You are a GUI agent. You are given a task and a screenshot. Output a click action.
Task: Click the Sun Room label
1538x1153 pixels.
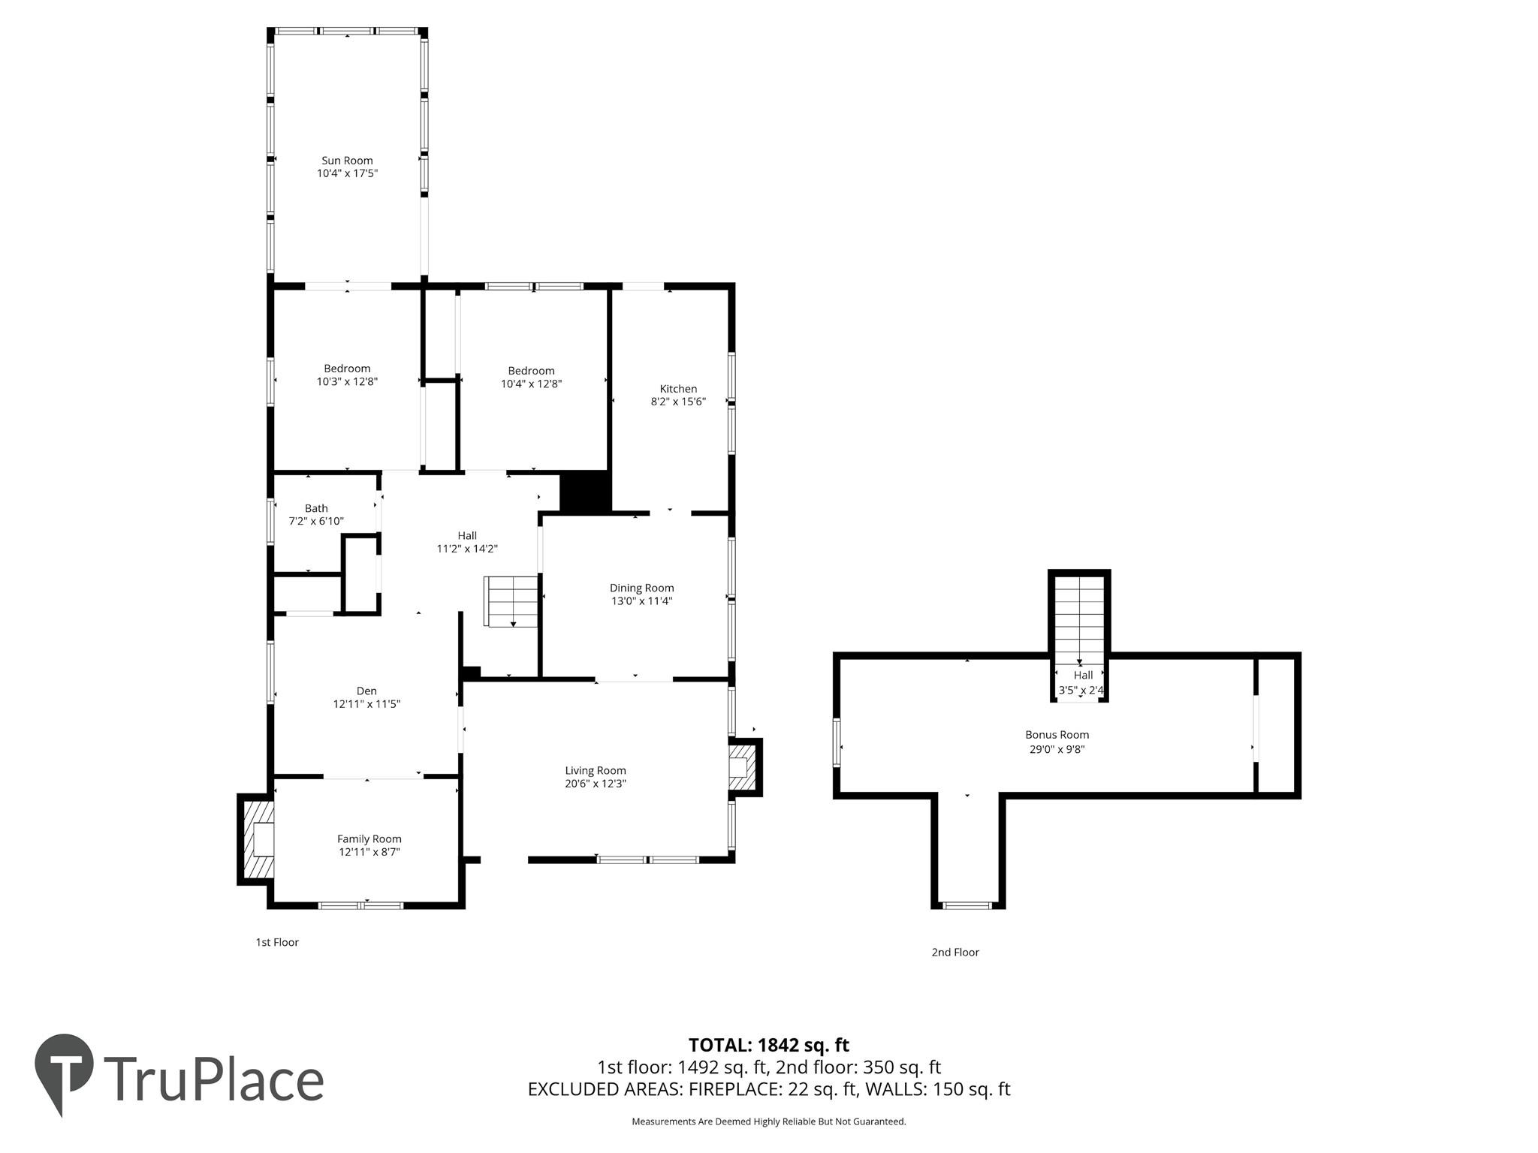(347, 161)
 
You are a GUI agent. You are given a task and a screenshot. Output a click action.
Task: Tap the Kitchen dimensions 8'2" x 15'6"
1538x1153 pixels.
(678, 402)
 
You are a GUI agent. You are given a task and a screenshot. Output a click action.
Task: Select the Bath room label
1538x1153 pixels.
(316, 508)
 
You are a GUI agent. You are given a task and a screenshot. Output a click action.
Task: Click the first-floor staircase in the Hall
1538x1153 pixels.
(511, 601)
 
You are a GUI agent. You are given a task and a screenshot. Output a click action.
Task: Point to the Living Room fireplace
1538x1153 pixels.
(744, 767)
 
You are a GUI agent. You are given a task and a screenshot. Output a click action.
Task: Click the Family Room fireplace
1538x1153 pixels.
(257, 839)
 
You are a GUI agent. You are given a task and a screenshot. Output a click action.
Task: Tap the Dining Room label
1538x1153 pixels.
(641, 588)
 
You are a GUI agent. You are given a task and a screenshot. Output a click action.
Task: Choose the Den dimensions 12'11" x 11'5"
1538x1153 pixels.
(366, 704)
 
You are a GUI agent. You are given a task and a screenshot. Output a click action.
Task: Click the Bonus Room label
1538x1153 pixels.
(1057, 735)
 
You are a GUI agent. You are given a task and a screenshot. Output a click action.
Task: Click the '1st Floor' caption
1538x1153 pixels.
(277, 942)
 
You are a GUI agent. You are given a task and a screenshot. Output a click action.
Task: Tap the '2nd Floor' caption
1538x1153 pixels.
(955, 952)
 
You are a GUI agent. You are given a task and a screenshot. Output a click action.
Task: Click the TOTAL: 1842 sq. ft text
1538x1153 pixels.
(768, 1045)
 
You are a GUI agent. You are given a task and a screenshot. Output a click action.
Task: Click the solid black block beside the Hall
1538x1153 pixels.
(585, 492)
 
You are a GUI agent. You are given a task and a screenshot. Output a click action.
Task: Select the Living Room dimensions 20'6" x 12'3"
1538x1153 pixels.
(596, 784)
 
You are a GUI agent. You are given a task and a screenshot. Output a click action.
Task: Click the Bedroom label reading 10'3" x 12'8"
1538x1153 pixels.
(347, 375)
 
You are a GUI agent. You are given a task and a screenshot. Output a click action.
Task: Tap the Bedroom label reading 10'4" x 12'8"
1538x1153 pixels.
(531, 377)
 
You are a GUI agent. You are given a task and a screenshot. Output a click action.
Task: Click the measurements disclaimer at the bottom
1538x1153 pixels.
(768, 1121)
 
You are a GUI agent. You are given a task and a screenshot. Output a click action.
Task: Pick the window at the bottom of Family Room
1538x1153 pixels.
(361, 905)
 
